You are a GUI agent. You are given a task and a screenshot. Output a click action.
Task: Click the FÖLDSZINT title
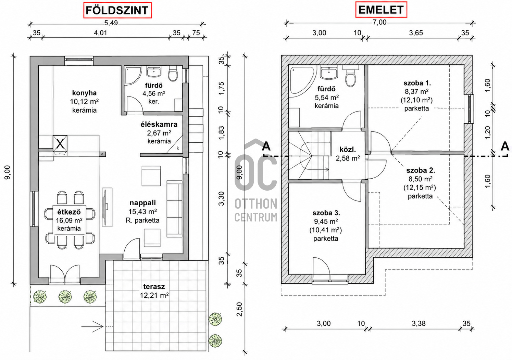(117, 10)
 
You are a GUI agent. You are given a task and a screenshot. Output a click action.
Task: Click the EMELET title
(381, 10)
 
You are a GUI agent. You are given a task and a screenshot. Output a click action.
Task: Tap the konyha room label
(84, 93)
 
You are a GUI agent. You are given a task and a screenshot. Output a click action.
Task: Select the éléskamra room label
(159, 125)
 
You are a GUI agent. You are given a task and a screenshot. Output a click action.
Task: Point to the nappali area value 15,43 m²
(142, 211)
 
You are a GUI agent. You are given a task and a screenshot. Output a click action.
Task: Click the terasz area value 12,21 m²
(154, 295)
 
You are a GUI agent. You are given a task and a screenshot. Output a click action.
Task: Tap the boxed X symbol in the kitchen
(60, 143)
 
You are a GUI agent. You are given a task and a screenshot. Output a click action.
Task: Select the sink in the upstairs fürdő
(329, 73)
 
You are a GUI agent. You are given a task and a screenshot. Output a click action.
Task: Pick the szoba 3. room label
(326, 213)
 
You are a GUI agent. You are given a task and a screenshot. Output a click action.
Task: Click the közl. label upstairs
(348, 150)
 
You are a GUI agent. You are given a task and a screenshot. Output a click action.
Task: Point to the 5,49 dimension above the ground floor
(111, 23)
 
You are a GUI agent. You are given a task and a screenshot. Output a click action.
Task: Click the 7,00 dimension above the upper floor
(379, 22)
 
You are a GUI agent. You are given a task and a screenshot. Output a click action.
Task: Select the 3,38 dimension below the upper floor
(419, 323)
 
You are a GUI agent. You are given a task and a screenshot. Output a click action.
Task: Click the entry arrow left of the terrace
(92, 326)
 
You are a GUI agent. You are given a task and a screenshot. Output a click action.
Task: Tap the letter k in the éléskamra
(178, 148)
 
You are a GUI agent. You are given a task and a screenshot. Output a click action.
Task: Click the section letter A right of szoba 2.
(505, 146)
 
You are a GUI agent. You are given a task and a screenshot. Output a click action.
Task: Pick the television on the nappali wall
(106, 207)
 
